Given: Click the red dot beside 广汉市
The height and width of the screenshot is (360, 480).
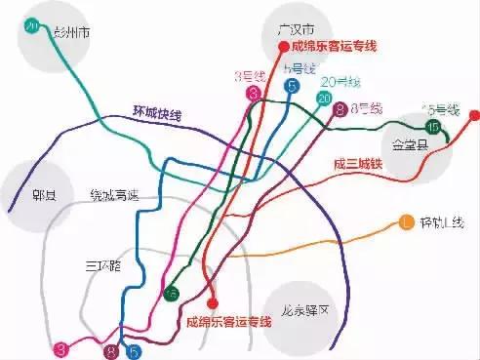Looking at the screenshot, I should tap(284, 46).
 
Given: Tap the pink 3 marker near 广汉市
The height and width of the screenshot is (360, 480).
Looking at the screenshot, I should tap(254, 94).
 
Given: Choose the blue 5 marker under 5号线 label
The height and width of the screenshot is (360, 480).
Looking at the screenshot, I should tap(292, 87).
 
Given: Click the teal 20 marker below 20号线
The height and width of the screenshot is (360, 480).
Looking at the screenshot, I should tap(323, 98).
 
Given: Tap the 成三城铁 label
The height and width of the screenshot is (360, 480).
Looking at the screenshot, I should tap(356, 165).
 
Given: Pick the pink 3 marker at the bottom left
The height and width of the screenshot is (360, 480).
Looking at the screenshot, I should tap(62, 348).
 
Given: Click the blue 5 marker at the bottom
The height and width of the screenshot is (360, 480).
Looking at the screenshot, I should tap(134, 351).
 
